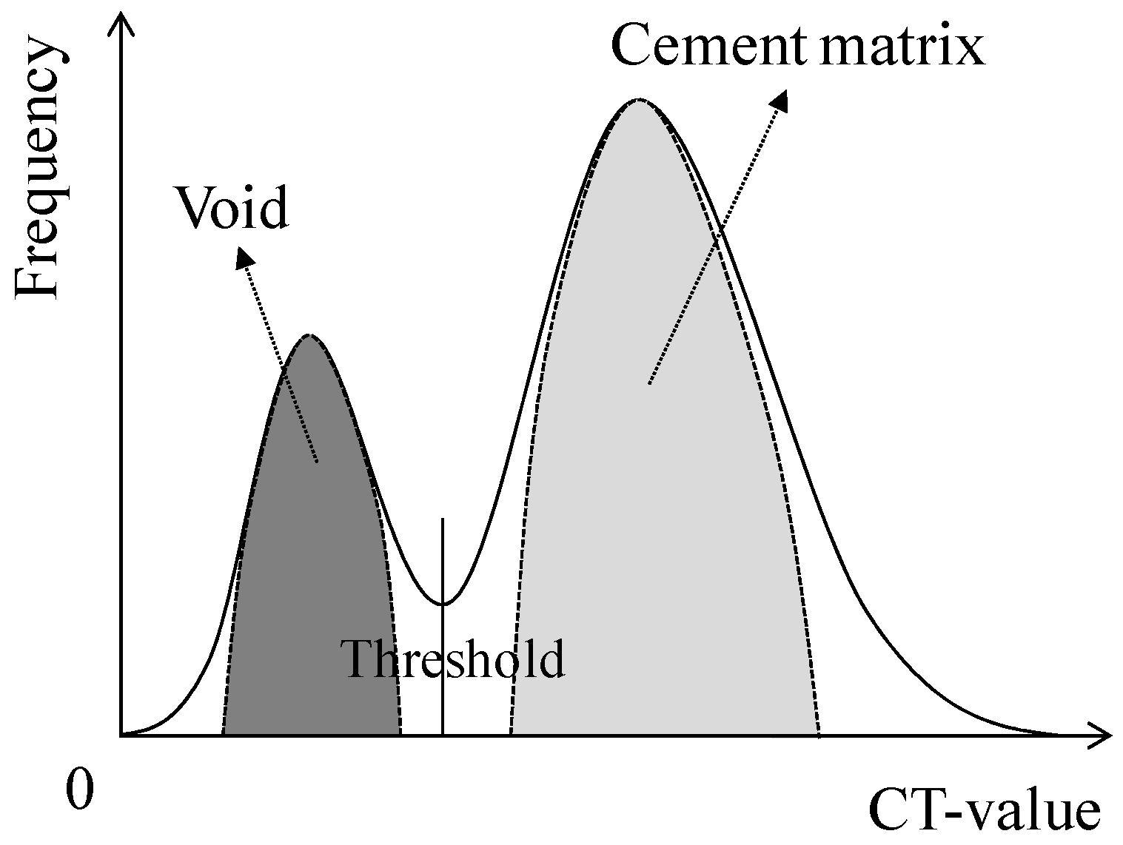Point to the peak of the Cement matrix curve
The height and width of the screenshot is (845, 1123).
tap(638, 99)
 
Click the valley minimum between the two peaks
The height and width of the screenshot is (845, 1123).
tap(443, 604)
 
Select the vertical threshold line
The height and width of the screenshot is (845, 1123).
tap(443, 562)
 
